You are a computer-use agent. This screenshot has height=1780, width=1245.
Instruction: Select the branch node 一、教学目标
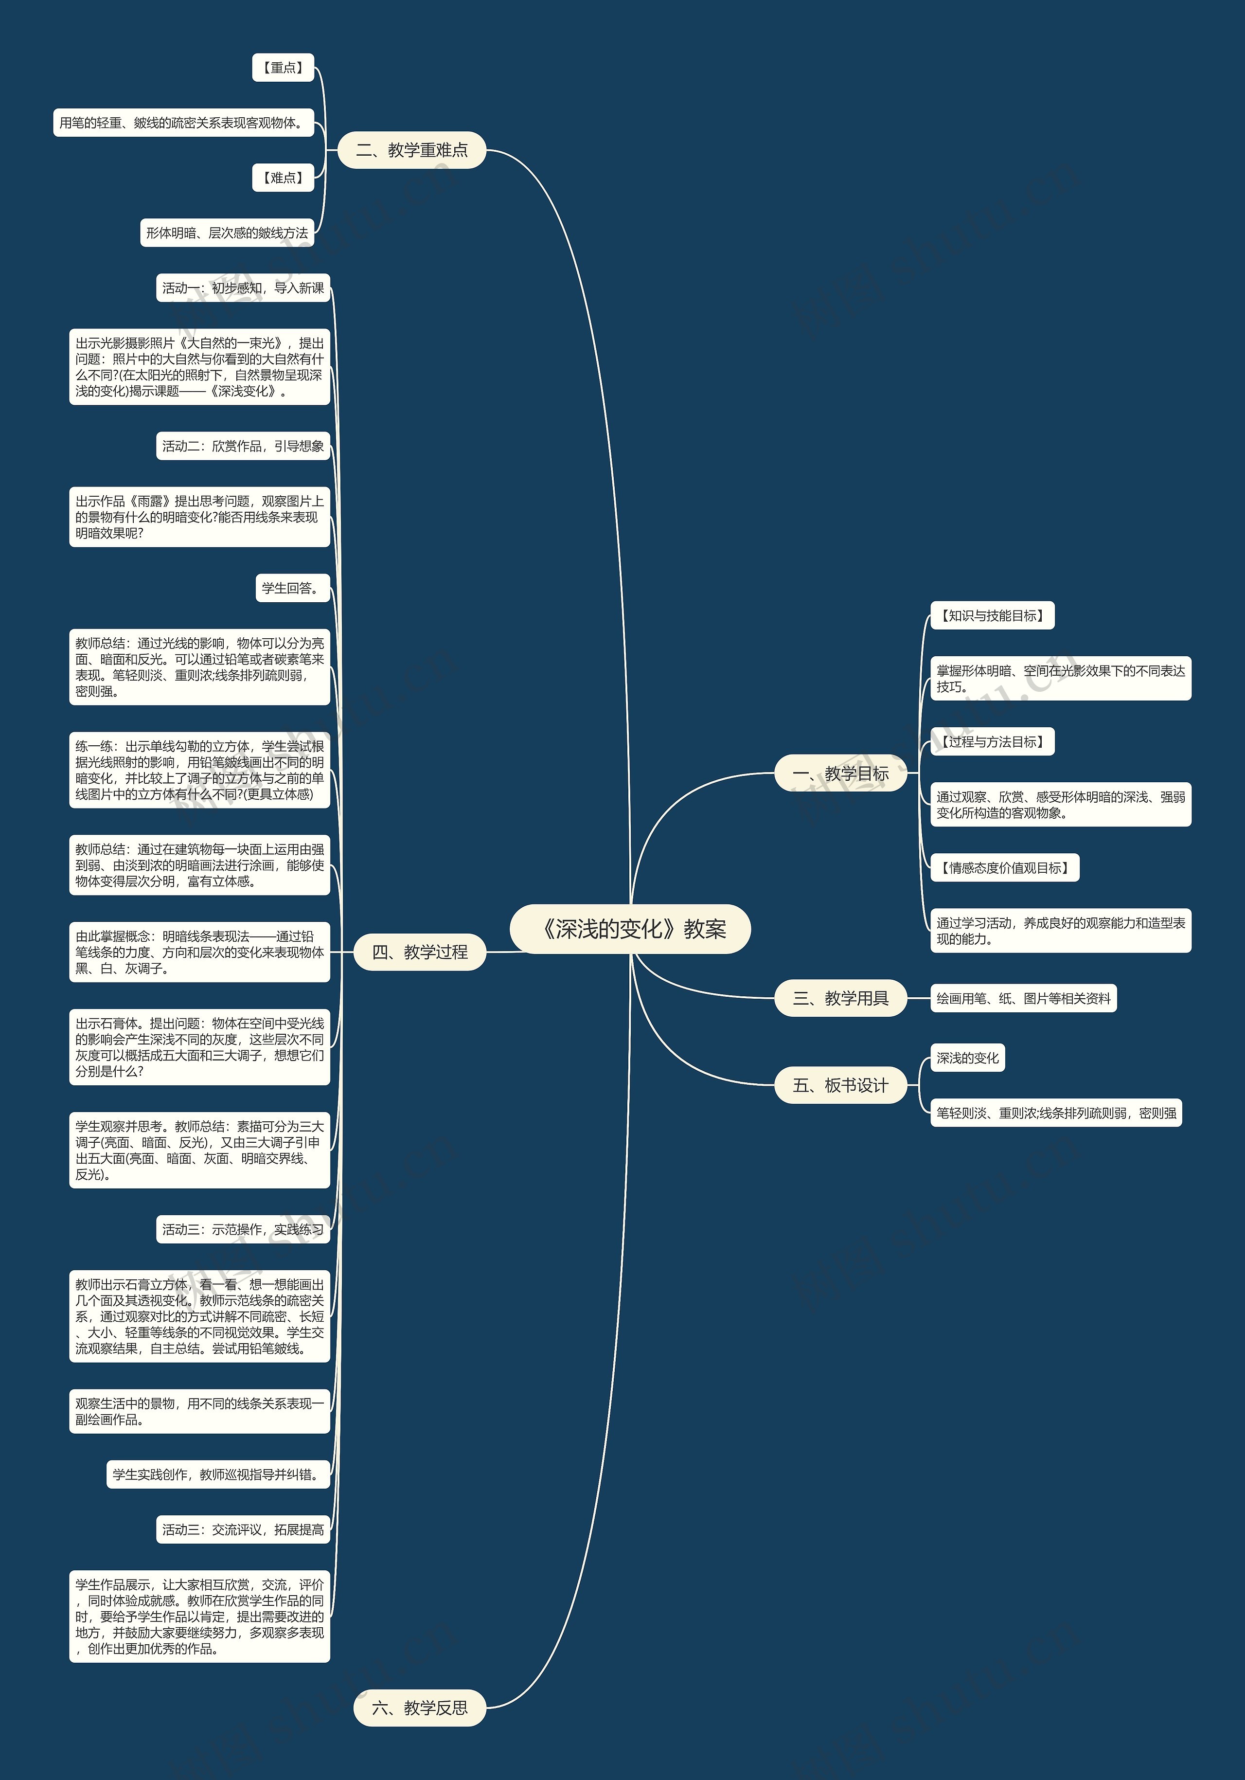[840, 773]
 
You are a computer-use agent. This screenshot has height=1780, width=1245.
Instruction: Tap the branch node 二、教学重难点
[411, 150]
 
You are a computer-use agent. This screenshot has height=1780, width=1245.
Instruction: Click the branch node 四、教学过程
[419, 952]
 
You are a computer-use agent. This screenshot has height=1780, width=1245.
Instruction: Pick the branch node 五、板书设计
[840, 1085]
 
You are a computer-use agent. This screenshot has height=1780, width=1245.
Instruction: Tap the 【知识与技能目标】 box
[992, 615]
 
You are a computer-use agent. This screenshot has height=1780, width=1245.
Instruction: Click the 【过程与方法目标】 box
[992, 742]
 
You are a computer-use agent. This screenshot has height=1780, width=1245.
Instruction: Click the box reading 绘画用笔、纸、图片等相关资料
[1023, 999]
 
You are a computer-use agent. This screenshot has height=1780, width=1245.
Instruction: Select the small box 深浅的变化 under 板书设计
[967, 1058]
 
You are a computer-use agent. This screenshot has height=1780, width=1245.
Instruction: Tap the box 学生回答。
[292, 589]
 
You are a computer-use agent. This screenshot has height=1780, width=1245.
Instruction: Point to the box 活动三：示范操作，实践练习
[243, 1230]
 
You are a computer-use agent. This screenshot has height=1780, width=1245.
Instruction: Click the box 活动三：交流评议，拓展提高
[243, 1529]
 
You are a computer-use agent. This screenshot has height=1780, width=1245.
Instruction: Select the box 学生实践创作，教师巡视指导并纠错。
[218, 1474]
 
